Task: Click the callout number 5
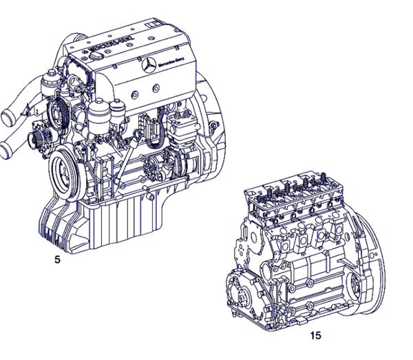[56, 261]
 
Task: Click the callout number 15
[315, 336]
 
